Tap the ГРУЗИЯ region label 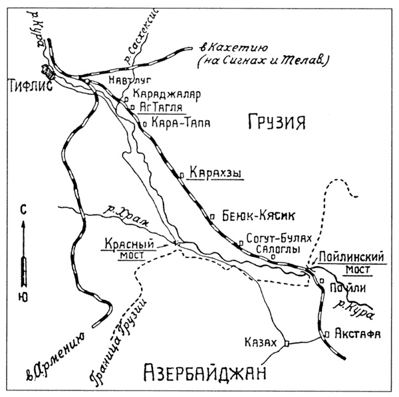click(276, 122)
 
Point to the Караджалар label click(166, 94)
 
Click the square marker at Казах click(287, 343)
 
